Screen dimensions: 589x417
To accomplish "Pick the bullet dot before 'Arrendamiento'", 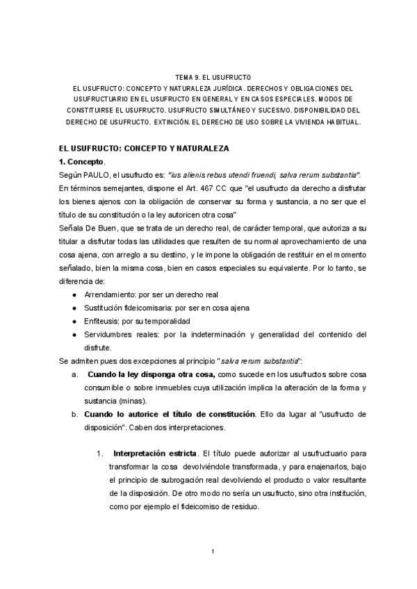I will pos(74,294).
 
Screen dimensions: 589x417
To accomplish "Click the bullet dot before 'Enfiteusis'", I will pos(74,321).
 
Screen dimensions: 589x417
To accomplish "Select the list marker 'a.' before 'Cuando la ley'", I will pos(75,374).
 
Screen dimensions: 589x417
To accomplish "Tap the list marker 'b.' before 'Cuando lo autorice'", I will pos(75,415).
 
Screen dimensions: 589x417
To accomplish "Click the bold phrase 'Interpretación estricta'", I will pos(156,454).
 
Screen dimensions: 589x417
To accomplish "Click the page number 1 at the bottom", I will pos(213,551).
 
